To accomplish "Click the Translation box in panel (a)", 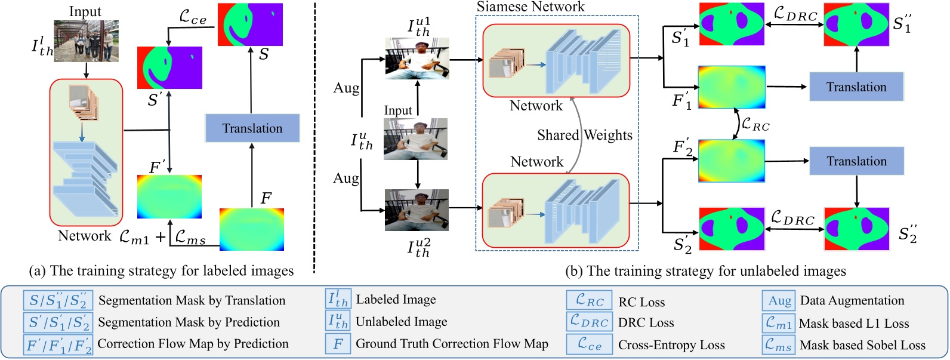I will click(252, 128).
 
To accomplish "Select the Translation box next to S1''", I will click(856, 87).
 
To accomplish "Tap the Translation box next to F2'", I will click(856, 161).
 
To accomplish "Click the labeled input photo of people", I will click(87, 41).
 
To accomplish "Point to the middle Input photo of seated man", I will click(415, 139).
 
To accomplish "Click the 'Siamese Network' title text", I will click(530, 7).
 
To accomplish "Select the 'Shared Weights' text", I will click(584, 135).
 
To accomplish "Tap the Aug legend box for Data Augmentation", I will click(779, 301).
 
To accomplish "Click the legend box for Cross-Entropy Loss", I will click(589, 344).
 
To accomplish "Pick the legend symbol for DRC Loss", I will click(589, 322).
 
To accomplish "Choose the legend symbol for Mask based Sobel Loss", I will click(779, 345).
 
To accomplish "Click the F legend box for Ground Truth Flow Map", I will click(338, 344).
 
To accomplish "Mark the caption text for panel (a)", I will click(161, 271).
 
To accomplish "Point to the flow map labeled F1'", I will click(732, 87).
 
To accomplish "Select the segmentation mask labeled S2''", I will click(856, 229).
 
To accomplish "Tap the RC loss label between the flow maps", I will click(755, 125).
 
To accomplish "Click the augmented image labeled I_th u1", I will click(417, 59).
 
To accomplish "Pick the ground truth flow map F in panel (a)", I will click(251, 229).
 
